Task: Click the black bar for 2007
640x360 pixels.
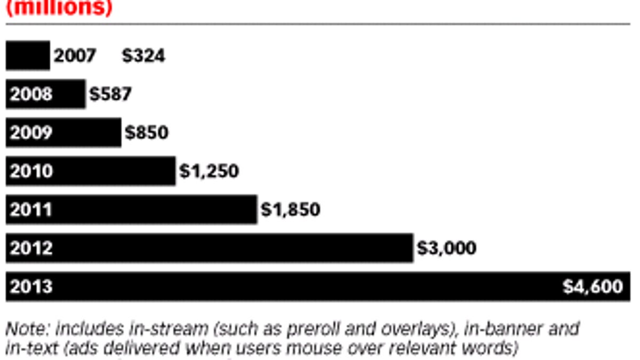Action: tap(28, 55)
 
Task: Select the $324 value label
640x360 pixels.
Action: tap(143, 55)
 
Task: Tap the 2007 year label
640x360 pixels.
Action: tap(75, 55)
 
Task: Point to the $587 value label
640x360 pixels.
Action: tap(110, 94)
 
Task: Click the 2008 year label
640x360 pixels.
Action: tap(31, 94)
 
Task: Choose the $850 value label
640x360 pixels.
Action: tap(147, 132)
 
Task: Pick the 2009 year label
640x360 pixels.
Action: tap(31, 132)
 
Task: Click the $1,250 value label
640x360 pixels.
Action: tap(209, 171)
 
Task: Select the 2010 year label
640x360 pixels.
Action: tap(31, 171)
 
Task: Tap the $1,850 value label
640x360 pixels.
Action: tap(291, 210)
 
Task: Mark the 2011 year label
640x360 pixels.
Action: tap(31, 210)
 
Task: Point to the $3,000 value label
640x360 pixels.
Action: tap(447, 248)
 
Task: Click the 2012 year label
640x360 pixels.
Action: tap(31, 248)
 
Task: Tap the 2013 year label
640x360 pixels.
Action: tap(31, 287)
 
